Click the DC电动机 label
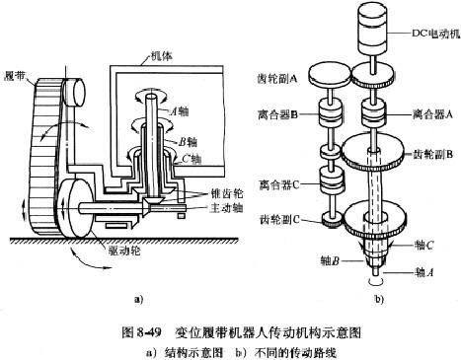[x=435, y=35]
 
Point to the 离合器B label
[x=277, y=114]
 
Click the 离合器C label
[x=278, y=185]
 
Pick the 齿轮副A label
[x=276, y=79]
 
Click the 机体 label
[x=161, y=56]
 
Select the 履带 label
[x=16, y=76]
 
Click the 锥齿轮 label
[x=226, y=194]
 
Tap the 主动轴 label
[x=226, y=208]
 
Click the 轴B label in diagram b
[x=330, y=261]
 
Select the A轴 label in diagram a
[x=180, y=111]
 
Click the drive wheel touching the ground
[x=76, y=208]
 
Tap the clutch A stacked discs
[x=374, y=113]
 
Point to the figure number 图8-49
[x=142, y=332]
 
